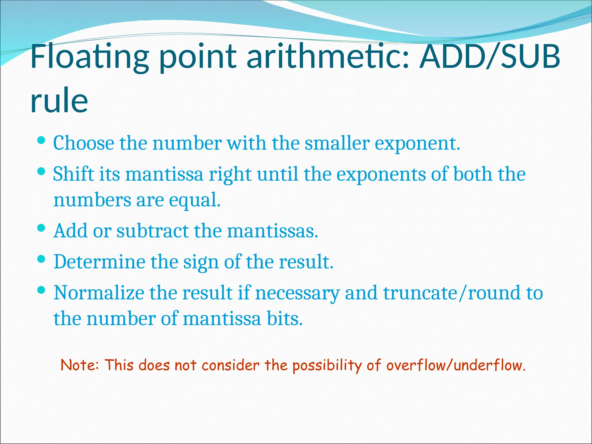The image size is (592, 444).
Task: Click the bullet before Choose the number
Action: [42, 141]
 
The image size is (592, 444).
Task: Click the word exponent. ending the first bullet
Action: [417, 144]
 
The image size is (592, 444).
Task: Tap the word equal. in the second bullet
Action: [195, 200]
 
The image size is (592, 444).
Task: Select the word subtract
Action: [152, 231]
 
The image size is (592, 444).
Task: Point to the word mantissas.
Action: [272, 231]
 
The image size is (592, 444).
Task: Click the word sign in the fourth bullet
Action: [201, 262]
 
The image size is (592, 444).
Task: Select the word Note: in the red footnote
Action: [80, 365]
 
